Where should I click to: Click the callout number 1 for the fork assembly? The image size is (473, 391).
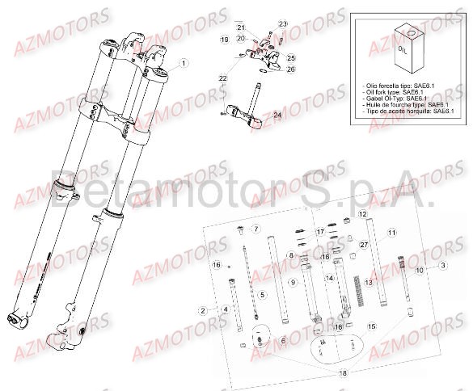pos(183,63)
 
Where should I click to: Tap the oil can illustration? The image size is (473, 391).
pos(408,50)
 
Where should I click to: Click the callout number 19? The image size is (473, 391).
pos(225,39)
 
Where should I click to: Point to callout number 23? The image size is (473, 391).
pos(282,23)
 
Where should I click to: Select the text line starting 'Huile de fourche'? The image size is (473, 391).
pos(402,104)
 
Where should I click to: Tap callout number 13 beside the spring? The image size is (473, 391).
pos(368,283)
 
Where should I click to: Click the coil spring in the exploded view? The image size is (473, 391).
pos(357,289)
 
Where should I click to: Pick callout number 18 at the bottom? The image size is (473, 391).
pos(343,373)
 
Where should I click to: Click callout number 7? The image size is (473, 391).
pos(256,229)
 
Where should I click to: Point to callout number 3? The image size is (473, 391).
pos(442,265)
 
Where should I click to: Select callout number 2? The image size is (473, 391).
pos(202,309)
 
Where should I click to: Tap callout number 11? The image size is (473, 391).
pos(392,233)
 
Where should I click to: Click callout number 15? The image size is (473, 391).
pos(371,326)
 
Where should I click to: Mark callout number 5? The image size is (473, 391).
pos(263,294)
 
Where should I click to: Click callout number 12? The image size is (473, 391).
pos(363,213)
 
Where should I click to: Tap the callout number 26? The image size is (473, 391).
pos(291,69)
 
